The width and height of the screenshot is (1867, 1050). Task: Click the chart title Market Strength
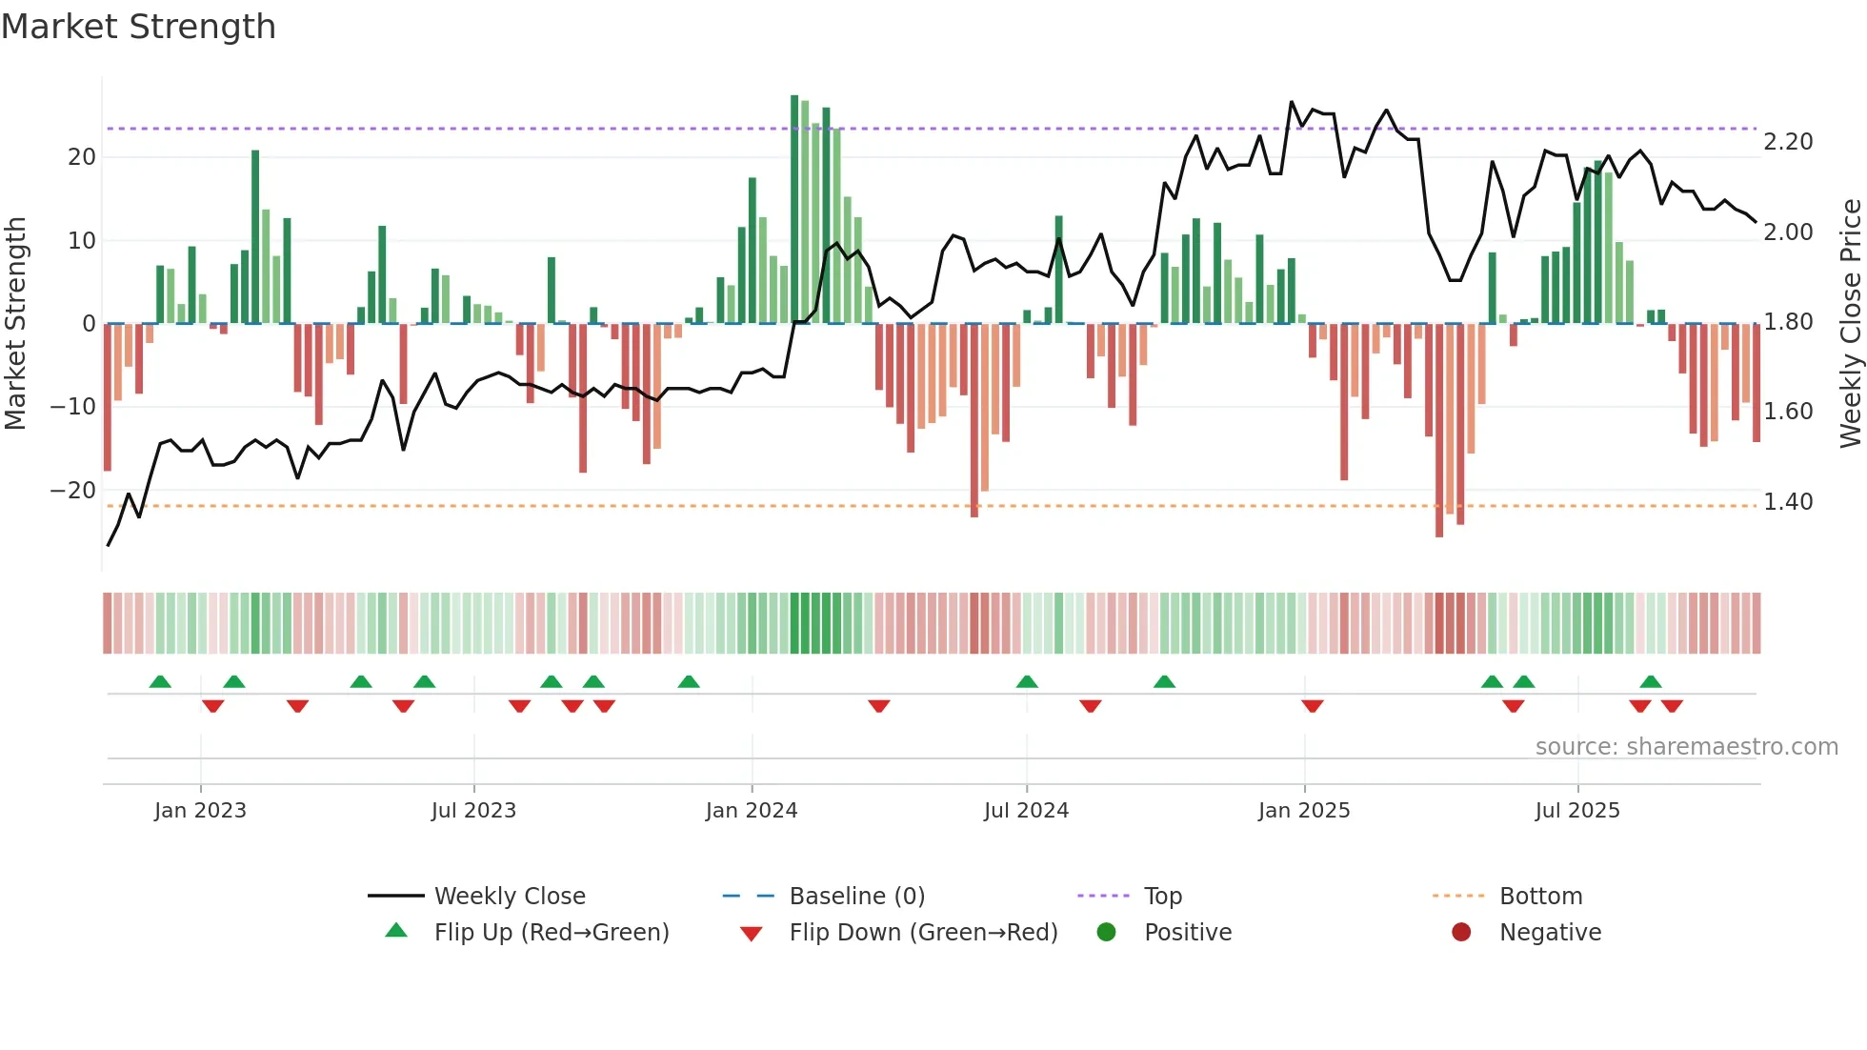point(138,27)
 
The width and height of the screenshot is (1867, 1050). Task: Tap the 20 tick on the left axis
point(82,157)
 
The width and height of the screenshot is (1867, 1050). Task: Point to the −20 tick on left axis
point(73,491)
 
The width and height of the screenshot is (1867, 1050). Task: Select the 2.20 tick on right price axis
point(1788,142)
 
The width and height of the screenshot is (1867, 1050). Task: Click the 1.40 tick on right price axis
point(1788,502)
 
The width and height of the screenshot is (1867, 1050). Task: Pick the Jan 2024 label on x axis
point(751,811)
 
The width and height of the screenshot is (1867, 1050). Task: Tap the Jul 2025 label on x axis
point(1576,811)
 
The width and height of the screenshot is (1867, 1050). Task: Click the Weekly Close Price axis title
point(1850,324)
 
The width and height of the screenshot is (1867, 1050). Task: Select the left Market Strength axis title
point(15,324)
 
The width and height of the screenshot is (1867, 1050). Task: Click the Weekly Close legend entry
point(509,897)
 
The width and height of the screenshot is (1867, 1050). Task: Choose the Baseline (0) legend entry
point(856,897)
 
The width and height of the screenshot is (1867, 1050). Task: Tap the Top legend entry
point(1162,897)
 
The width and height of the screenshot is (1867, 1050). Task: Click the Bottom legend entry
point(1540,897)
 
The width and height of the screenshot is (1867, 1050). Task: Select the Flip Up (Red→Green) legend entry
point(551,933)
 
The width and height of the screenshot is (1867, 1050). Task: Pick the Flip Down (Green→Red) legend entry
point(922,933)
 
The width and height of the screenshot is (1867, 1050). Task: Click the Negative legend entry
point(1550,933)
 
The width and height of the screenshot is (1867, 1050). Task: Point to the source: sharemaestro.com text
point(1686,747)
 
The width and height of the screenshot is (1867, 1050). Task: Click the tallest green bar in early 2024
point(794,210)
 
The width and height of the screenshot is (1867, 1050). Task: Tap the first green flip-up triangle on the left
point(160,682)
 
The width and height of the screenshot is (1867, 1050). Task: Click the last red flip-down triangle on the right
point(1672,706)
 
